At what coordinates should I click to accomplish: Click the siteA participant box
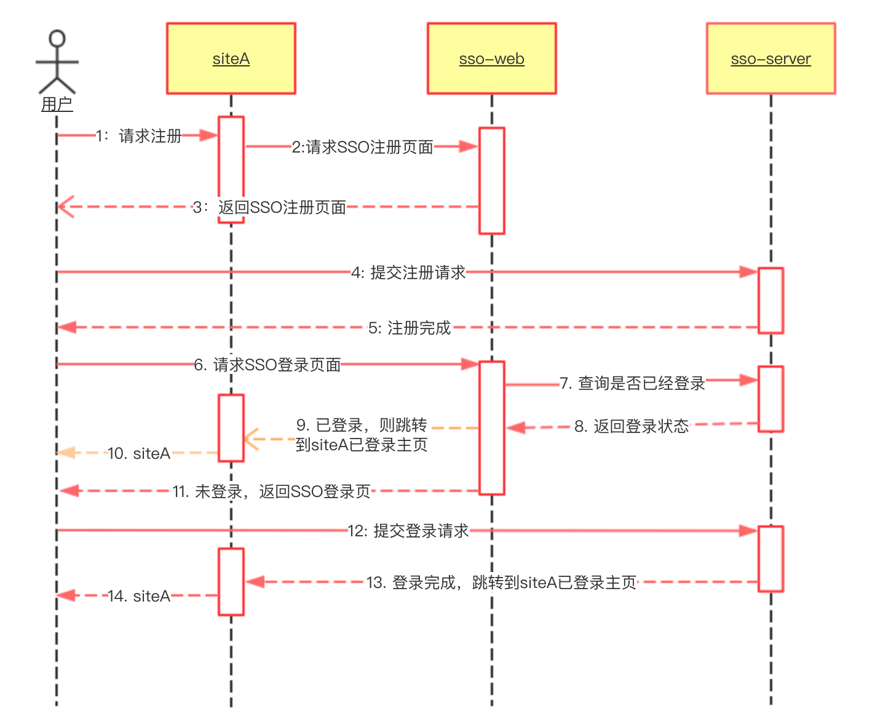231,58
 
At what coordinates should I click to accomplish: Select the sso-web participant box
491,58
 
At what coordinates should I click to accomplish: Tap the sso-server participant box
770,58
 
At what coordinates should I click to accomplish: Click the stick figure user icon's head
57,39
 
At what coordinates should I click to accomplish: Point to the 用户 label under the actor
57,105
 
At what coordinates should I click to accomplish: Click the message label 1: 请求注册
139,136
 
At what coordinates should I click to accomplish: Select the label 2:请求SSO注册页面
362,147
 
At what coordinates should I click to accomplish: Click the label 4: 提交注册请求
408,272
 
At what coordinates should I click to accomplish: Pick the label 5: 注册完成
410,328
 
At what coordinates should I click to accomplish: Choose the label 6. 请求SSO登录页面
267,365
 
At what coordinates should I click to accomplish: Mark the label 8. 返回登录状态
632,426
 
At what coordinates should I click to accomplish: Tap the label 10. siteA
139,453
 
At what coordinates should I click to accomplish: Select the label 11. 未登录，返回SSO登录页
271,491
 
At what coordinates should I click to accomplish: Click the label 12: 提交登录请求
408,531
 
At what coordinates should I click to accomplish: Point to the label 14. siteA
139,596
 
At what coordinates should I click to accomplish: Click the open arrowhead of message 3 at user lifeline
65,207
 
